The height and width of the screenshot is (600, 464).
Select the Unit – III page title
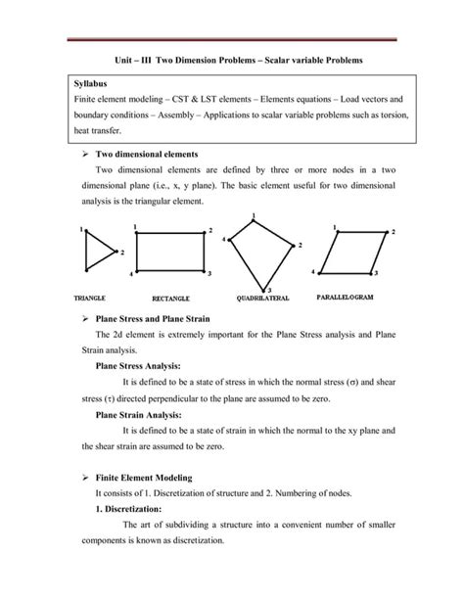point(232,60)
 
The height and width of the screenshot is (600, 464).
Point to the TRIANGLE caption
point(90,296)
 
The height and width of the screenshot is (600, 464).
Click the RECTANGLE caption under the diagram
point(171,297)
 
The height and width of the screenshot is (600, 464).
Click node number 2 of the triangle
point(121,253)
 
